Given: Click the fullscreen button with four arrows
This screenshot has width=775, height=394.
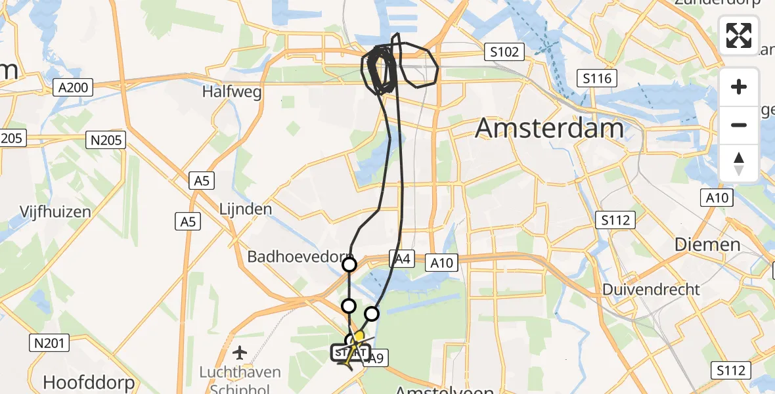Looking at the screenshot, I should coord(739,35).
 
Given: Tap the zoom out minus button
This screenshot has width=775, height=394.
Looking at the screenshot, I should coord(739,125).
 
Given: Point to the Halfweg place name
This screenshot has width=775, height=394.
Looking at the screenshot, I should coord(232,92).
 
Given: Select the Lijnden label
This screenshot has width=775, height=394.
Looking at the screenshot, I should coord(246,209).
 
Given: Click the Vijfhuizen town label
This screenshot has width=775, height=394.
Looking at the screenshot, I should coord(55,211).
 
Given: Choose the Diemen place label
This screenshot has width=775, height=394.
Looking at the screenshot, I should coord(707,245).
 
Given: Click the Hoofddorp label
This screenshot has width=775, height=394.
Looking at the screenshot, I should coord(89,382).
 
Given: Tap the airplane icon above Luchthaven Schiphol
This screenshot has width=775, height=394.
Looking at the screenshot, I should coord(240,353).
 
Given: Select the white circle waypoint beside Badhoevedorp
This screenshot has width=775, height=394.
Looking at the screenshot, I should coord(349,265).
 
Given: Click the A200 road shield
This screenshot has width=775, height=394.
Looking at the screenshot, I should coord(74,87).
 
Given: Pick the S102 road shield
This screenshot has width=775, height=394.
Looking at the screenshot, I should coord(504,53).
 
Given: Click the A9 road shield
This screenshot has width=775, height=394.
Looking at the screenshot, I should coord(375,358).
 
